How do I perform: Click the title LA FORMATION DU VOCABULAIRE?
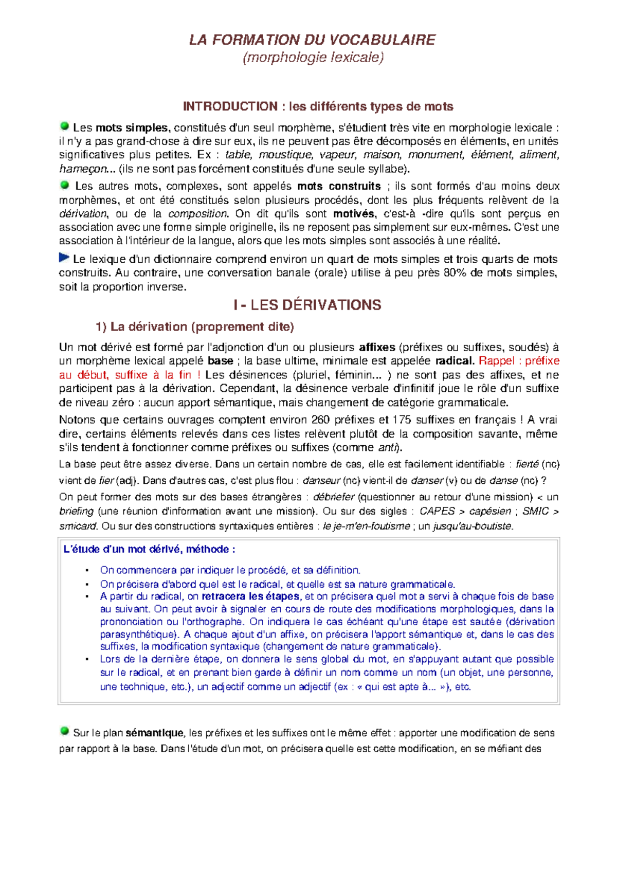coord(312,40)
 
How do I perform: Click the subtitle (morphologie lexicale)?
coord(313,58)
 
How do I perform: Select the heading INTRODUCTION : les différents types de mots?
coord(318,106)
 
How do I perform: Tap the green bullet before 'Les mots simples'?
coord(65,126)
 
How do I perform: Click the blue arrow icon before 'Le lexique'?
coord(64,257)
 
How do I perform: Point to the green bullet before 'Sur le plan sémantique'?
coord(65,731)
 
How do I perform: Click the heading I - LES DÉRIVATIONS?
coord(307,305)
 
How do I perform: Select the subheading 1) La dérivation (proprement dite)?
coord(195,327)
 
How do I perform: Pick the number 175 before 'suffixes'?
coord(402,420)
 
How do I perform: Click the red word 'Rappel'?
coord(497,361)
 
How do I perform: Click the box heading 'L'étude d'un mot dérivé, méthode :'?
coord(149,549)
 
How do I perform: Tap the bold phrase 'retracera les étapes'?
coord(250,596)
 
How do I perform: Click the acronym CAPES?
coord(437,511)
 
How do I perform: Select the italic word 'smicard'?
coord(78,526)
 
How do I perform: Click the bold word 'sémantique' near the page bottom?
coord(154,733)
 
